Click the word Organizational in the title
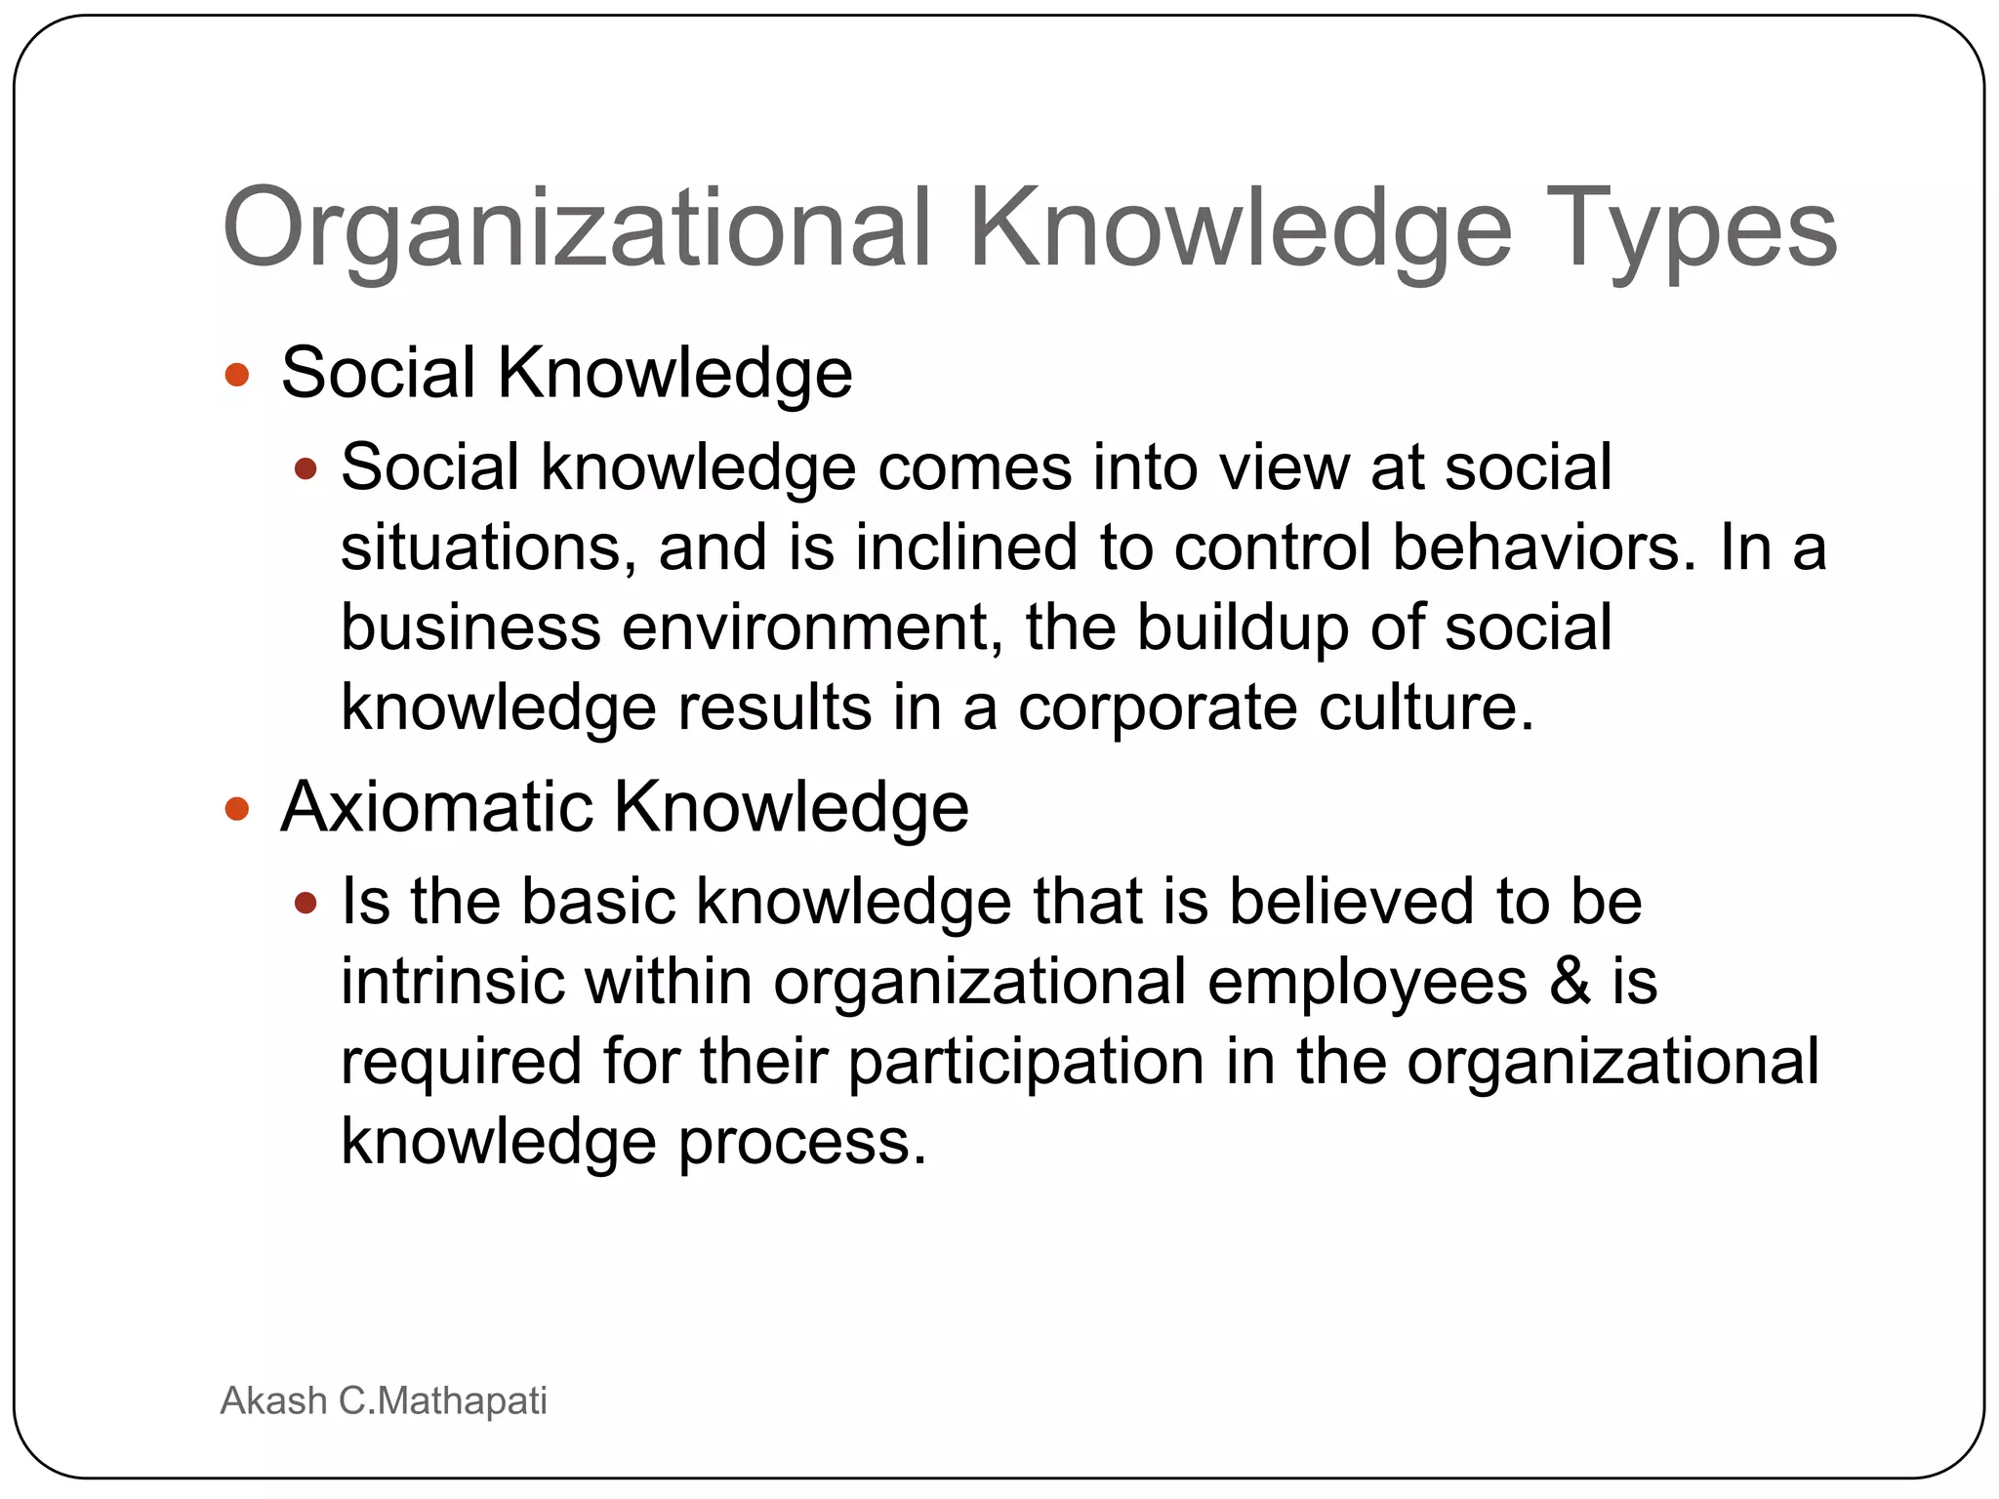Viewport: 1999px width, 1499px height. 577,230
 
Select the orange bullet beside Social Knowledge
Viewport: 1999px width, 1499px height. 237,375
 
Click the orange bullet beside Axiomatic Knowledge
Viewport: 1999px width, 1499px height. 237,809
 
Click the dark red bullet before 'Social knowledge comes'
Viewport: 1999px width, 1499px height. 306,469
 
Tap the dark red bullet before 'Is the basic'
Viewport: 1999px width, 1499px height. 306,904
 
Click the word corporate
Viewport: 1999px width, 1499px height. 1158,708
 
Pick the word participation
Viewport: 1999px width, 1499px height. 1026,1064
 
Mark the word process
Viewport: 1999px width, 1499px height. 801,1144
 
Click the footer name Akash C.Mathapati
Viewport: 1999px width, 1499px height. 384,1400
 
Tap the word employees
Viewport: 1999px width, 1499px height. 1367,984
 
